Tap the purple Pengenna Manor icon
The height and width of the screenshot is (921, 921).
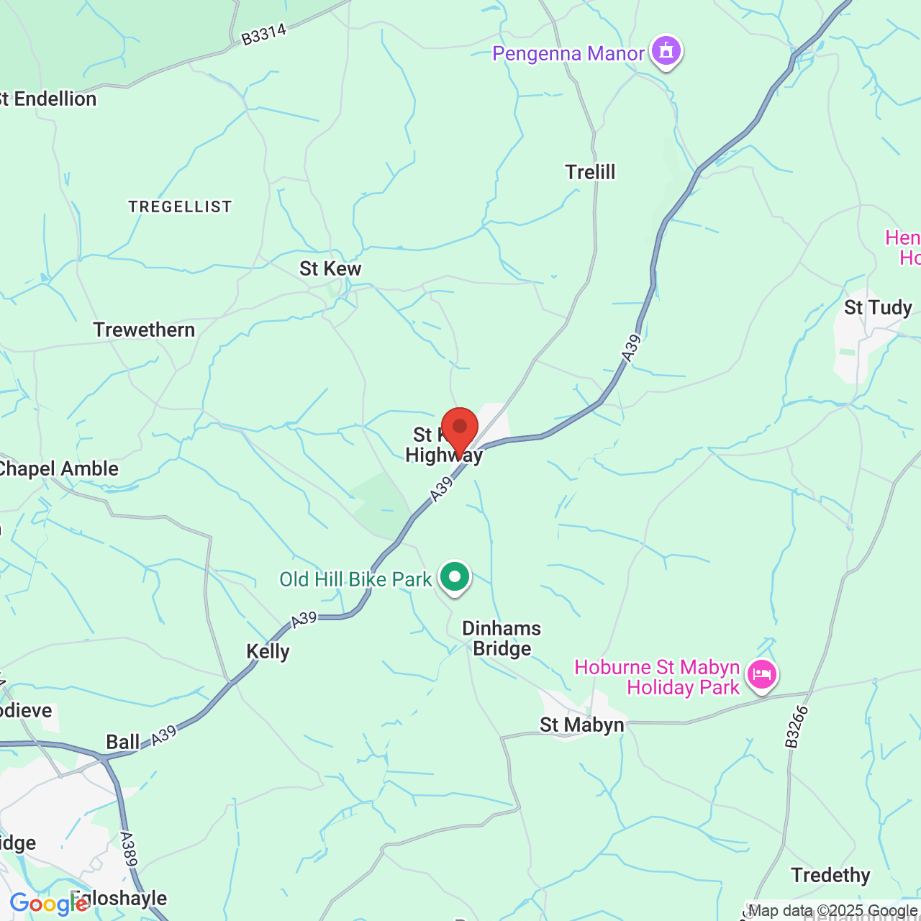tap(666, 51)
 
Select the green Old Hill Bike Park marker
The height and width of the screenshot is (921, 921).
tap(454, 577)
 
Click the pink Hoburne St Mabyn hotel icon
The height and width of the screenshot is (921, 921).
tap(761, 675)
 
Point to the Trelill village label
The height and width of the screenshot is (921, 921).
tap(590, 172)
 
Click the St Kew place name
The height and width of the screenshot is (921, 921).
tap(330, 268)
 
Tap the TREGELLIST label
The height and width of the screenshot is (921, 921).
tap(180, 207)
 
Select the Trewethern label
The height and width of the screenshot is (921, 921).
tap(144, 330)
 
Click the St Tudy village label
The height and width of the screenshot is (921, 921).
tap(878, 308)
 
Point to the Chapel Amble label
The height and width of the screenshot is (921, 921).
tap(58, 468)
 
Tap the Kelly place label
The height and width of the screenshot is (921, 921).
tap(268, 651)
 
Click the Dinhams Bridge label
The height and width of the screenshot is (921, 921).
tap(502, 638)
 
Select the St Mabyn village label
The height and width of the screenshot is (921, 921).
tap(582, 725)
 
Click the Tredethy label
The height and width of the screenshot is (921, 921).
tap(830, 875)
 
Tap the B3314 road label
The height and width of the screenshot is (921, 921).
tap(264, 35)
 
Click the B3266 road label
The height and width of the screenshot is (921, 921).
tap(797, 727)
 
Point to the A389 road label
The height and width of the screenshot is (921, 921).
tap(129, 849)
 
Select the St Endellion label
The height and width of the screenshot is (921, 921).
tap(48, 99)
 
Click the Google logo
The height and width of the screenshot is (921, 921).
tap(49, 904)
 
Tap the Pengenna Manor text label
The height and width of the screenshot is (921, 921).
tap(568, 54)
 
